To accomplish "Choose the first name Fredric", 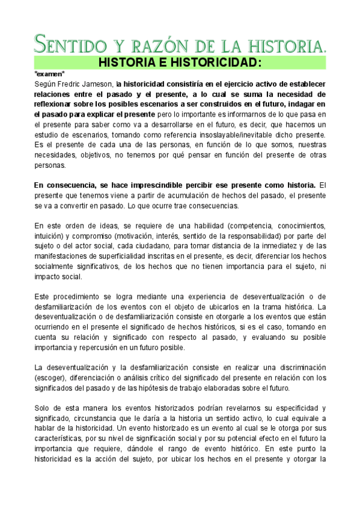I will (x=69, y=84).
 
